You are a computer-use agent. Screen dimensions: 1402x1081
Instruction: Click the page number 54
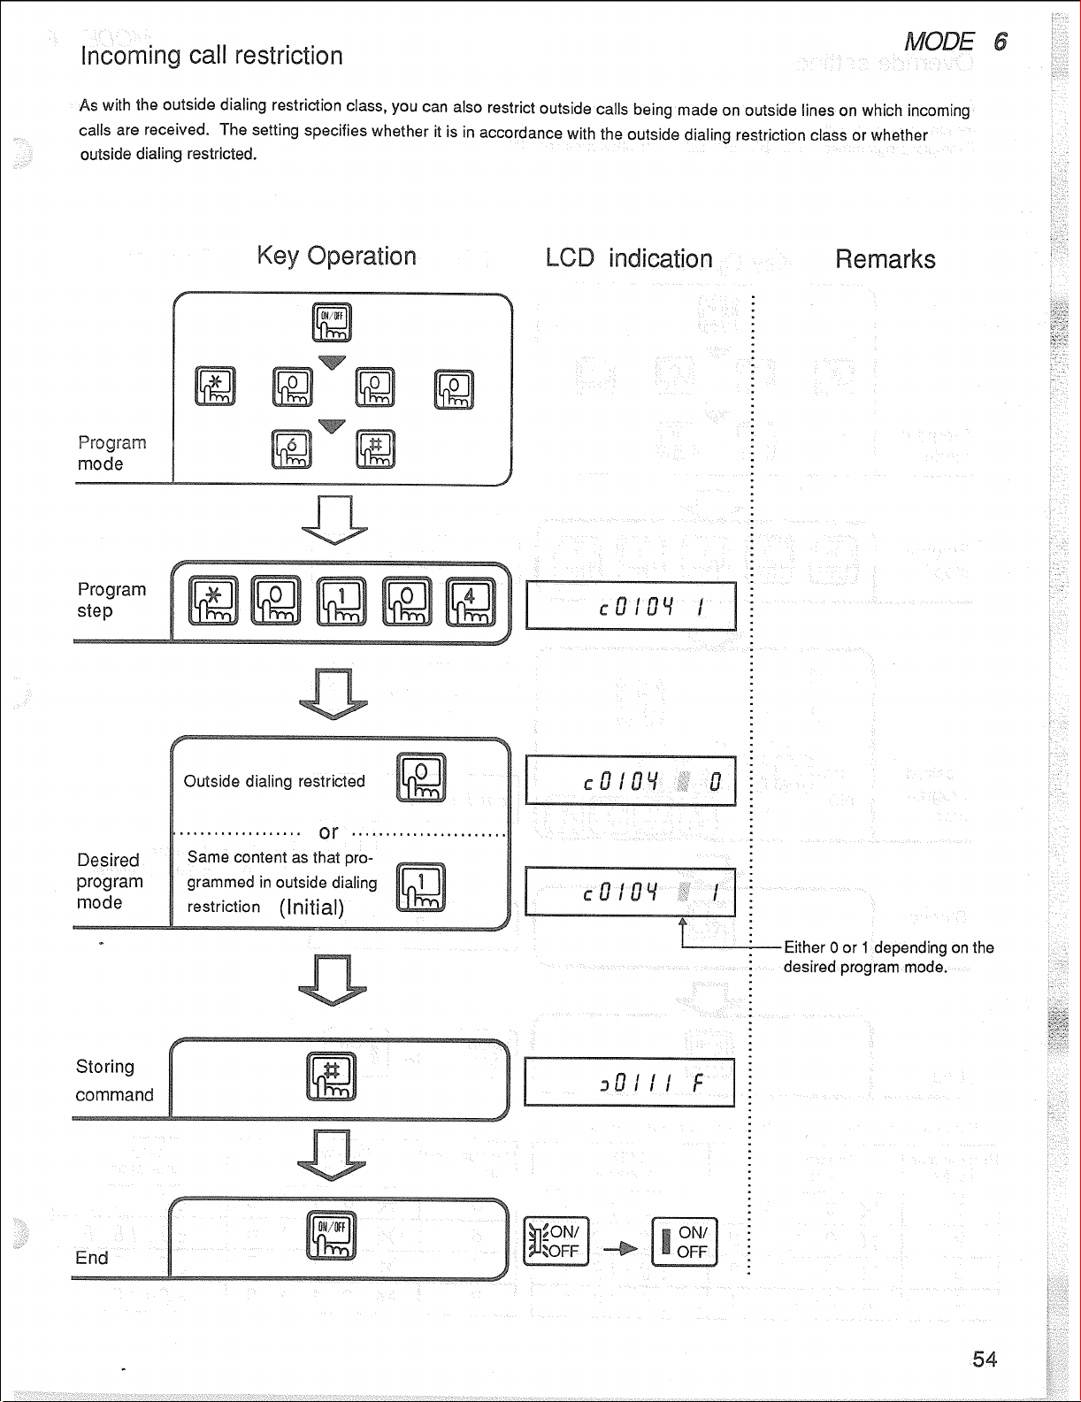point(984,1359)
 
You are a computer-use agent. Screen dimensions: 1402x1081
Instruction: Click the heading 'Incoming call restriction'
point(211,56)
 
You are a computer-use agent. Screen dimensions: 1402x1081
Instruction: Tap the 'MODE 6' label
point(955,42)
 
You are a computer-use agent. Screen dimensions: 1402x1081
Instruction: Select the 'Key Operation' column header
point(336,257)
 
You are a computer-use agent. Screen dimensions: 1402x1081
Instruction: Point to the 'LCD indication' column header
point(628,258)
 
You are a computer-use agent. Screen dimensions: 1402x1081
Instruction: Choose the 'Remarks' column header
point(885,259)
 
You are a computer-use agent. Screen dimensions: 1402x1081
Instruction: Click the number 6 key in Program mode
point(292,449)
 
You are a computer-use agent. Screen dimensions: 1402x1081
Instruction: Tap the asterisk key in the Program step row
point(213,601)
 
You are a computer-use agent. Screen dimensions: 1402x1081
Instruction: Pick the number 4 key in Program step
point(470,601)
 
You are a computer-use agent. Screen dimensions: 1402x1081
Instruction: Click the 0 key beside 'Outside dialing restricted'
point(421,778)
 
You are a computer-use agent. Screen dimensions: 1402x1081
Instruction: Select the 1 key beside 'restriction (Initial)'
point(421,887)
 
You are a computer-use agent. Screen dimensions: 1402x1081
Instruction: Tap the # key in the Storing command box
point(331,1076)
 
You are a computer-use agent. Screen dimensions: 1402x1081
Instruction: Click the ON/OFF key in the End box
point(331,1234)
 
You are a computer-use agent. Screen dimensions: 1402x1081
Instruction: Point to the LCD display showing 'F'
point(629,1083)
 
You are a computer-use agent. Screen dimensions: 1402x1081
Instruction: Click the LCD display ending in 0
point(630,781)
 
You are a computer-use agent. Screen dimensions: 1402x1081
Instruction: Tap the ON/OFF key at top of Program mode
point(332,322)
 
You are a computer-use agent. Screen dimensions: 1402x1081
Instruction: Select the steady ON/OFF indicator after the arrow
point(684,1242)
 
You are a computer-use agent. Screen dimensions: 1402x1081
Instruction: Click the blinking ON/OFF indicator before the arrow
point(556,1242)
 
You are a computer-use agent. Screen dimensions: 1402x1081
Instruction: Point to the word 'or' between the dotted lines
point(328,832)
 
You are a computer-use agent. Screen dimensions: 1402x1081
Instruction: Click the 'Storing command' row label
point(113,1080)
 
